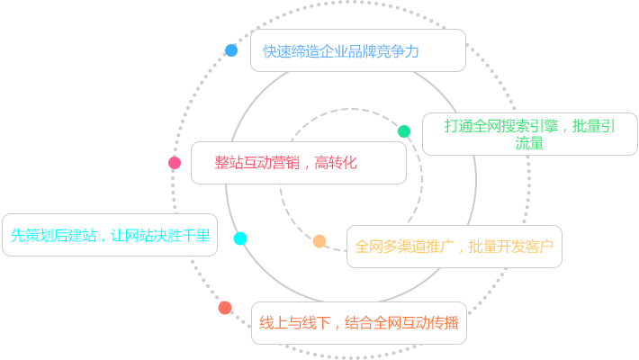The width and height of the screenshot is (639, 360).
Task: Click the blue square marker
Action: pyautogui.click(x=231, y=50)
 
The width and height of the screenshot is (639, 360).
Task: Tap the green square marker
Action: pyautogui.click(x=404, y=131)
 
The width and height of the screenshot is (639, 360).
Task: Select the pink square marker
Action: pyautogui.click(x=175, y=163)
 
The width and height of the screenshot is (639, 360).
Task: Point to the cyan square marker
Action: pyautogui.click(x=239, y=238)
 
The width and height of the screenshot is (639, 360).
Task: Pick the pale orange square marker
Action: pyautogui.click(x=319, y=241)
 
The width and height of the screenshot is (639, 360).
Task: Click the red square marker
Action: pyautogui.click(x=225, y=308)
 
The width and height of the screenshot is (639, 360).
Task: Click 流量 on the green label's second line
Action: pyautogui.click(x=530, y=143)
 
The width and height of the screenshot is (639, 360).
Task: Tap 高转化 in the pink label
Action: pyautogui.click(x=337, y=163)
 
